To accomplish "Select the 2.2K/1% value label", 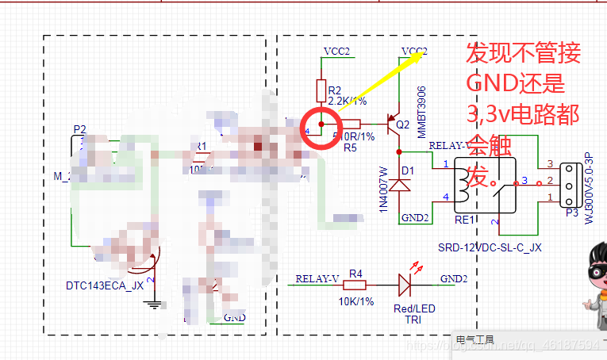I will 347,101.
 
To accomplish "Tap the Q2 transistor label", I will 403,124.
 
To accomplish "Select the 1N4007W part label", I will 383,189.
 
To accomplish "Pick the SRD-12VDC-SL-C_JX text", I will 490,247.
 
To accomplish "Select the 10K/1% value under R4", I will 355,301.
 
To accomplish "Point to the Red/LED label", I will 415,308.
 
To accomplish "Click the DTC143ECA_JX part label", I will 105,285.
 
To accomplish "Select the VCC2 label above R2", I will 337,52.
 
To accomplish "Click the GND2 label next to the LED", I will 454,278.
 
